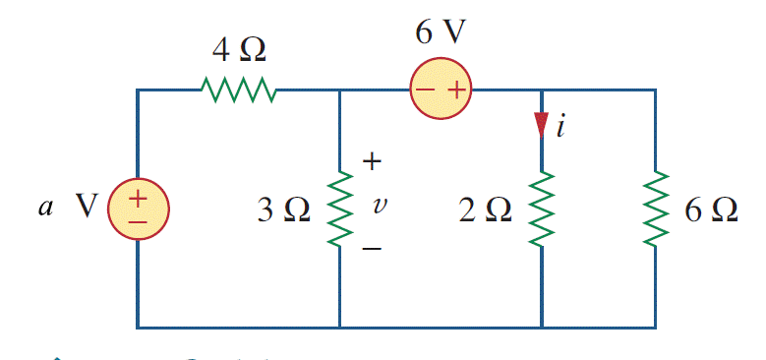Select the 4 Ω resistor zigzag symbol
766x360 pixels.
tap(238, 90)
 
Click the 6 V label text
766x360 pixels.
tap(441, 32)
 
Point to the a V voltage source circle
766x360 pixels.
tap(138, 209)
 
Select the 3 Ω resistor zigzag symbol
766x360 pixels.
tap(339, 209)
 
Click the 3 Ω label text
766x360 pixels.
tap(283, 210)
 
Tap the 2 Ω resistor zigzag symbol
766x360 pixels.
tap(542, 209)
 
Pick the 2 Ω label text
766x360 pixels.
tap(486, 210)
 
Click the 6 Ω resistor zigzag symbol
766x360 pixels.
tap(656, 209)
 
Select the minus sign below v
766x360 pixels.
tap(373, 249)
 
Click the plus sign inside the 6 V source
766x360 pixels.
tap(455, 90)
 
